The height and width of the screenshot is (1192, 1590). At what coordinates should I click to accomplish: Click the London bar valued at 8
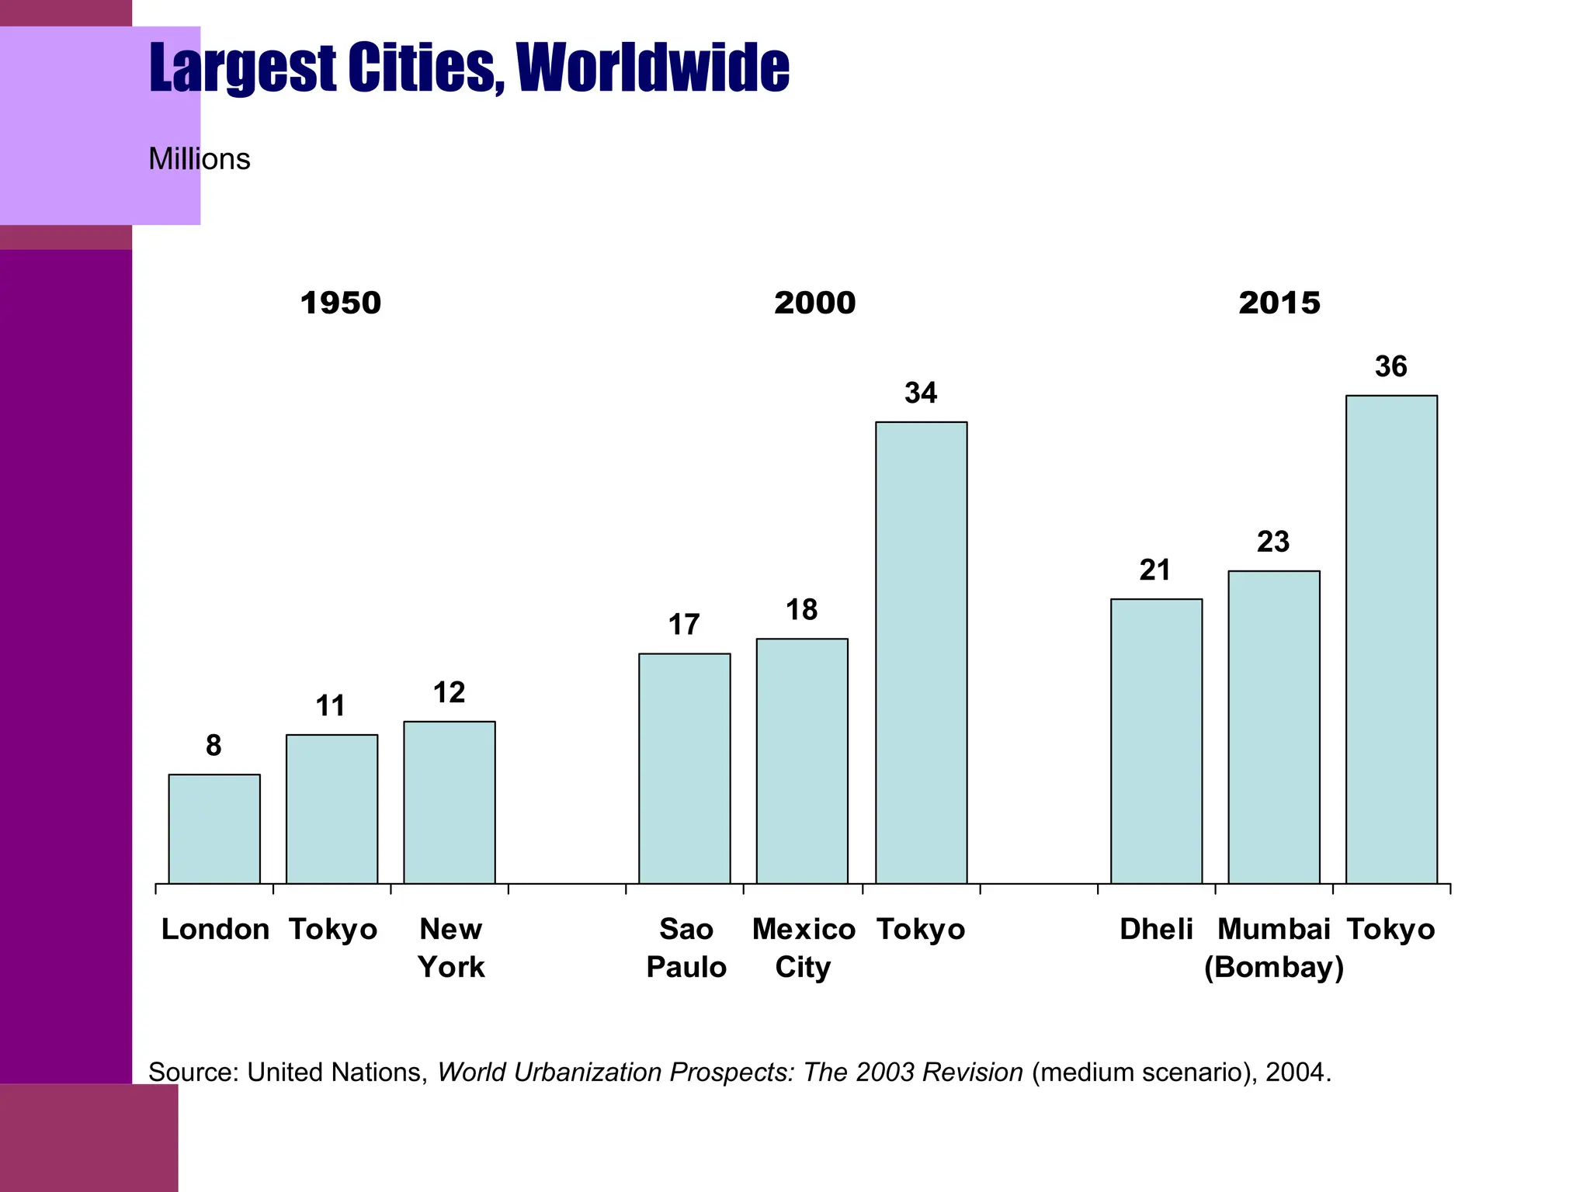pos(214,829)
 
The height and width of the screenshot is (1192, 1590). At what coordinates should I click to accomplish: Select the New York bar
pos(450,802)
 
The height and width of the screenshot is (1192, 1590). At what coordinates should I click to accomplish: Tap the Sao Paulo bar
pos(685,768)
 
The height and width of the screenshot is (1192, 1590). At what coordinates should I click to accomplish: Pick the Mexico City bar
pos(802,761)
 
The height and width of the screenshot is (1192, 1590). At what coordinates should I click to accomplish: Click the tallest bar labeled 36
pos(1391,639)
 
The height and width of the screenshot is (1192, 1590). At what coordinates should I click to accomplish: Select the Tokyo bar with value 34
pos(922,653)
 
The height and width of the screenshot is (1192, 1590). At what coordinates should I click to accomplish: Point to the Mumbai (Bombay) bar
pos(1274,727)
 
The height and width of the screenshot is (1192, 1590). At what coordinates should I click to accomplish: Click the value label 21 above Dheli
pos(1155,570)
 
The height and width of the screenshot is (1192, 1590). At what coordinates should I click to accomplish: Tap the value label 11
pos(331,706)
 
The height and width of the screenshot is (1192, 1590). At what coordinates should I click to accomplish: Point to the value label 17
pos(684,625)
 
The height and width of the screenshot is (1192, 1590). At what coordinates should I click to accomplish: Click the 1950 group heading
pos(341,303)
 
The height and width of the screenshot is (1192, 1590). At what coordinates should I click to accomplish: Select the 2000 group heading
pos(814,303)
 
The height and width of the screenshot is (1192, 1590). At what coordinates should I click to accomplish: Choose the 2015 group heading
pos(1279,303)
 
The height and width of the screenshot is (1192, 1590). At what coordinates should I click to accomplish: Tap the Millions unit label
pos(200,159)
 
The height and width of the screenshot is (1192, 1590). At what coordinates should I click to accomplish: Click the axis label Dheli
pos(1156,929)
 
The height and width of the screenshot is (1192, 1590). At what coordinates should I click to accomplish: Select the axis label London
pos(215,929)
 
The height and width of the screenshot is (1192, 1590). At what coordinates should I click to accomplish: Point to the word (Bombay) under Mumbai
pos(1274,967)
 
